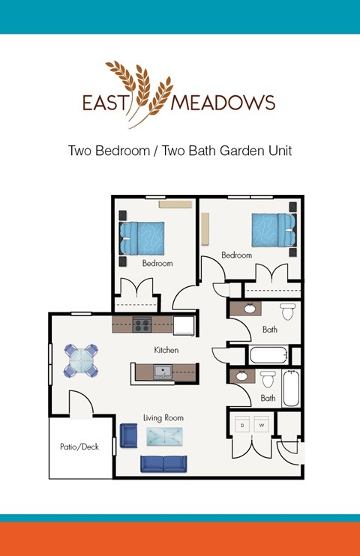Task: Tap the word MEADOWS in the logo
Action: click(223, 103)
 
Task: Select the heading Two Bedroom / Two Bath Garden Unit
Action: click(179, 151)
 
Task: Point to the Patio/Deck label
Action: click(79, 447)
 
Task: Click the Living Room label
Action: click(163, 417)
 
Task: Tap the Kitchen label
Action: click(166, 350)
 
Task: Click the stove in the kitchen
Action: click(142, 325)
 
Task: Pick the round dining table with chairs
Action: click(80, 360)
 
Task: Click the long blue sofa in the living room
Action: click(164, 464)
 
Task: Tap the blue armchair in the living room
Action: click(128, 435)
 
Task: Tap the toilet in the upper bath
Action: click(287, 311)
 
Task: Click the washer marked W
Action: click(262, 425)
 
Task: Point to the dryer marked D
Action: click(242, 425)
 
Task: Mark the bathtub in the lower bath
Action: click(292, 387)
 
